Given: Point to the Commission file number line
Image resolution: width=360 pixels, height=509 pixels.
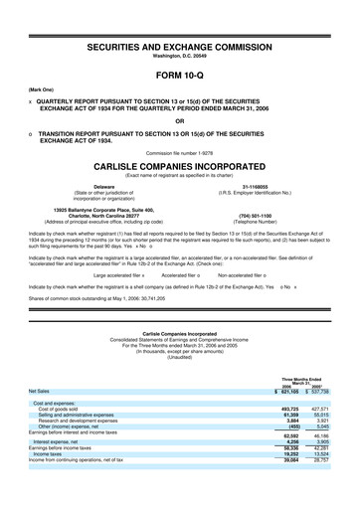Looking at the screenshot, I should (x=180, y=152).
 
